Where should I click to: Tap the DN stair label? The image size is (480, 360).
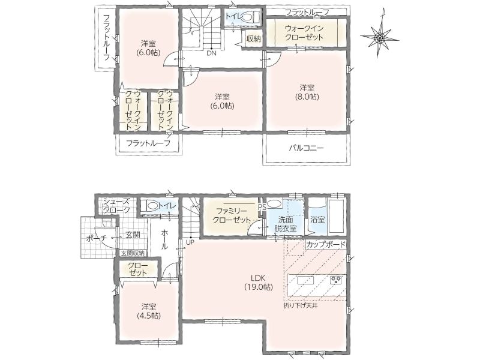coord(211,53)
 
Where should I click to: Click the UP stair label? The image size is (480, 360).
coord(190,242)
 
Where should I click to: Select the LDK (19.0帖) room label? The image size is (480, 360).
coord(259,283)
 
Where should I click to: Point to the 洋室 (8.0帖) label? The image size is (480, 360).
coord(307,92)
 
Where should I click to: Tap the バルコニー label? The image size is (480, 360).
coord(307,148)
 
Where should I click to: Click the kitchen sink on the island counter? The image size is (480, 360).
coord(305,280)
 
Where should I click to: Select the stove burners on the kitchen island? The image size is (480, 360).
coord(336,280)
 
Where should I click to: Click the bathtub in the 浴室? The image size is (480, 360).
coord(337,216)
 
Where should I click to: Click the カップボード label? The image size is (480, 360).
coord(326,245)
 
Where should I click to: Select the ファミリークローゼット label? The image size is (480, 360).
coord(232,215)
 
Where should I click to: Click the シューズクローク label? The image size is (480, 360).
coord(116,206)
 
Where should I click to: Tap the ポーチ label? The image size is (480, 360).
coord(96,238)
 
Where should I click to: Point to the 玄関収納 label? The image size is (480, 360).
coord(133,253)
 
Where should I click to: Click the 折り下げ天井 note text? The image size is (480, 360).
coord(298,305)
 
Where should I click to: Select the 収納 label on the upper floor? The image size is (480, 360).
coord(253,39)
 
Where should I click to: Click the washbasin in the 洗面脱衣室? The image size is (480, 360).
coord(274,204)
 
